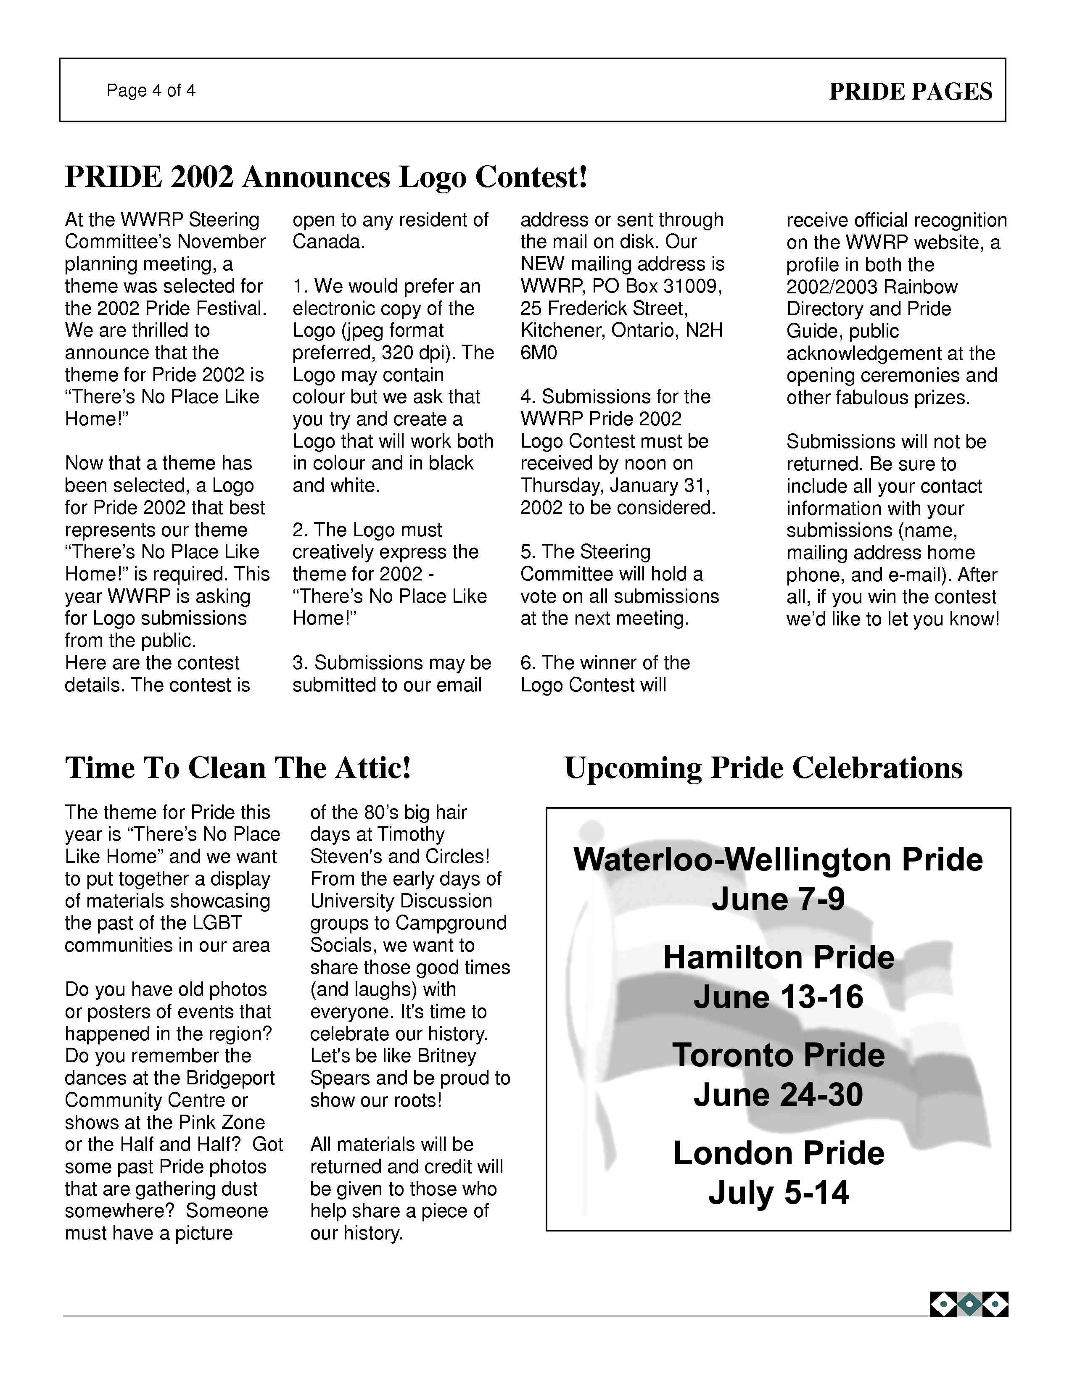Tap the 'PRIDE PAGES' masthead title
(910, 92)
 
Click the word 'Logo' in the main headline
(432, 177)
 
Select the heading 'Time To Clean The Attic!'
(238, 768)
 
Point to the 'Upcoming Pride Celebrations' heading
(763, 768)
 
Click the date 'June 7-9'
(778, 899)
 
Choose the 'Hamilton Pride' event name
(779, 958)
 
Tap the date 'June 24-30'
(778, 1095)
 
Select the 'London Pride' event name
(779, 1153)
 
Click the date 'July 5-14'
(779, 1193)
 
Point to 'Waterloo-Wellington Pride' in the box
(778, 860)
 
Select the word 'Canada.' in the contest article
(328, 242)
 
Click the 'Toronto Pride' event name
(779, 1055)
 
